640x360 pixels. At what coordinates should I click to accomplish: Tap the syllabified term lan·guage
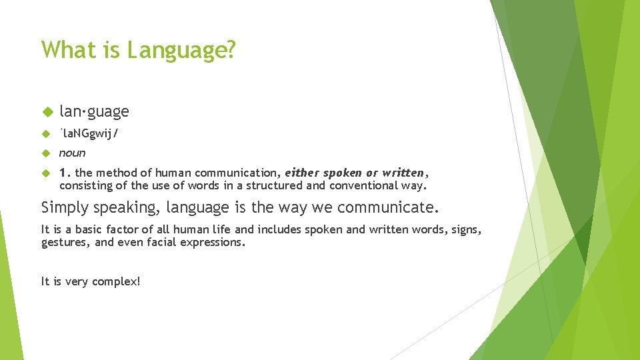point(94,111)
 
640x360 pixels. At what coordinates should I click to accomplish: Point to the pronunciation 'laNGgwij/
point(89,133)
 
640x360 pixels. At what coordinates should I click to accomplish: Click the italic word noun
point(72,153)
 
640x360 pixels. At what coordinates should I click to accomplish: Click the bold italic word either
point(303,173)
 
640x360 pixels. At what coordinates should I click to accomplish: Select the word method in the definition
point(115,173)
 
